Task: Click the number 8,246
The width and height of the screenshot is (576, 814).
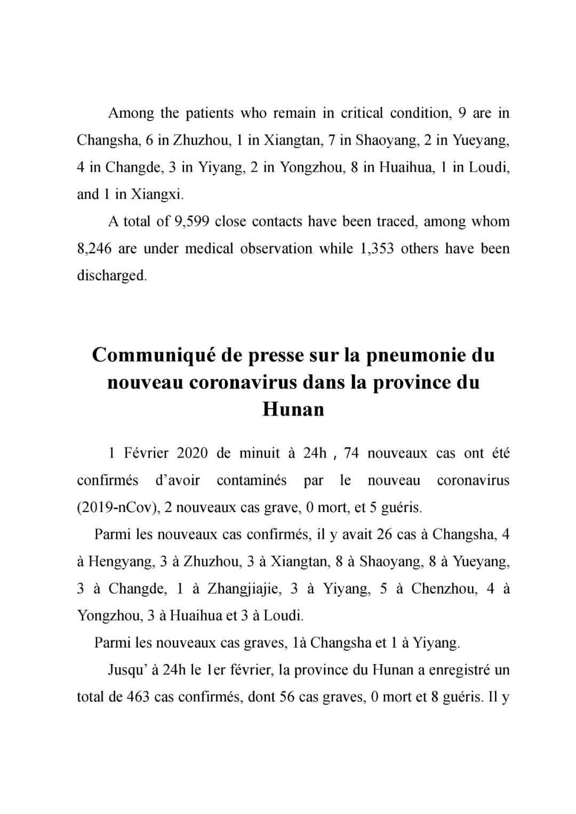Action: (x=94, y=249)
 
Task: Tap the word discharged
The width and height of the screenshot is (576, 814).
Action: (x=111, y=276)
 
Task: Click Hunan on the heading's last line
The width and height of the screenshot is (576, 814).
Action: (x=293, y=410)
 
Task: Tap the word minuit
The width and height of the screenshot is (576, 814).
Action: (x=259, y=453)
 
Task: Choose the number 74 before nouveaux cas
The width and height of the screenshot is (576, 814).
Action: (x=351, y=453)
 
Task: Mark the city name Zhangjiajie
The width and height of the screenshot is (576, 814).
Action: (x=243, y=589)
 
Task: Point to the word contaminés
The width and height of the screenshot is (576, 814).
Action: (x=251, y=481)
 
